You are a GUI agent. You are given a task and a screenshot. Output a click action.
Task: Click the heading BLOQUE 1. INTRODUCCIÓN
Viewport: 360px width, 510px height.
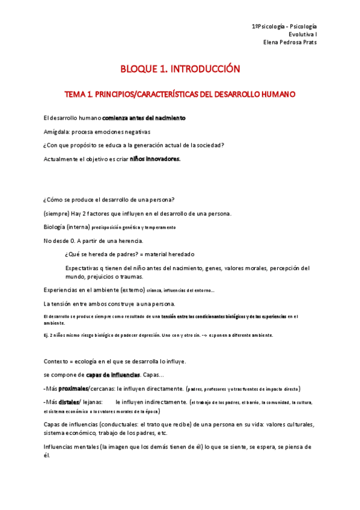click(180, 69)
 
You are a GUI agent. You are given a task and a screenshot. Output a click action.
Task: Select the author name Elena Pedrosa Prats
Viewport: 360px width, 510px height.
click(290, 42)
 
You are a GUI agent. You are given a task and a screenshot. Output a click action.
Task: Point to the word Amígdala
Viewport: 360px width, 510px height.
click(58, 131)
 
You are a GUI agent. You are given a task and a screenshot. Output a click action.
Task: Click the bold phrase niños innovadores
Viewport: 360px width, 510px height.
click(155, 159)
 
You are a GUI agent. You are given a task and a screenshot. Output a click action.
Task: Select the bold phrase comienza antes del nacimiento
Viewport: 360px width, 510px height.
click(144, 118)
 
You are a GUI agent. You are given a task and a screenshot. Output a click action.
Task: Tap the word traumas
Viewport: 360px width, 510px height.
click(130, 277)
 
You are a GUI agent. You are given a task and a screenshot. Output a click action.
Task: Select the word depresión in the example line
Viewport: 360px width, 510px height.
click(148, 335)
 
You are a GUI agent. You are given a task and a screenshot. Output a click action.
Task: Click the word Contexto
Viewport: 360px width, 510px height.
click(58, 361)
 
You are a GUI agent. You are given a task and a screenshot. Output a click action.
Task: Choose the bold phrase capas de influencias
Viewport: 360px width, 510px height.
click(113, 375)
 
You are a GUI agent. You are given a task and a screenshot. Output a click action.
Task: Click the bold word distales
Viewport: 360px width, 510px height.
click(69, 401)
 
